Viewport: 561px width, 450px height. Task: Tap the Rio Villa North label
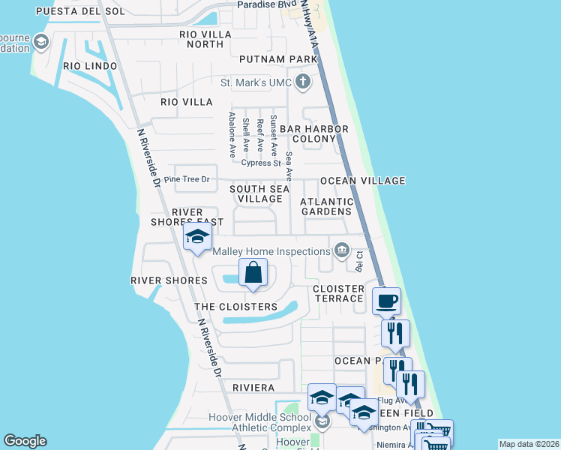202,39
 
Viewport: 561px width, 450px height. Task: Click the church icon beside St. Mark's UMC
303,82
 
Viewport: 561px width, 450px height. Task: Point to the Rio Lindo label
90,66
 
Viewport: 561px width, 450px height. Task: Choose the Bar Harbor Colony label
313,133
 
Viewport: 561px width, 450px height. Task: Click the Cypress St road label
261,163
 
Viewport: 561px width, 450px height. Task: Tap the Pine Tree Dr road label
186,180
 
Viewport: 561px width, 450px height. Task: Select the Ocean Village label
362,181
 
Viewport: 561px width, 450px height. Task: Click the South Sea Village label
259,193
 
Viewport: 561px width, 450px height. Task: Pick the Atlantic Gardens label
326,206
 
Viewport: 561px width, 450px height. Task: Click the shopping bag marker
253,273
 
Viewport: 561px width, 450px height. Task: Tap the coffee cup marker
386,301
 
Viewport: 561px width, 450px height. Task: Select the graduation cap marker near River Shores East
197,237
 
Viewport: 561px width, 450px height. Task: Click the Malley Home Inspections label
272,251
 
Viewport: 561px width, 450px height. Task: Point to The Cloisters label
235,307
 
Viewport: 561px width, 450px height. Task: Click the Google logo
25,441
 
